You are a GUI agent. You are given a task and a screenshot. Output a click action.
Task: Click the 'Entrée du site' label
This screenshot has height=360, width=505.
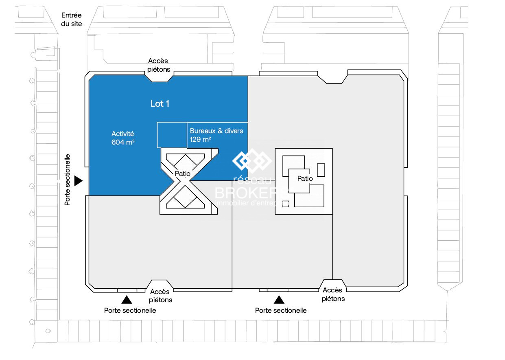72,20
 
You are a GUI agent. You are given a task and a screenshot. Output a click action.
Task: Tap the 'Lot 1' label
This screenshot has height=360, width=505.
160,104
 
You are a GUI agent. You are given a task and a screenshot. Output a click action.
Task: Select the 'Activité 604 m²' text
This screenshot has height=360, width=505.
123,138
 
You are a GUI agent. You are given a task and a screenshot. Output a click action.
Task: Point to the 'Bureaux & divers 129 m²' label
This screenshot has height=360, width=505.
216,135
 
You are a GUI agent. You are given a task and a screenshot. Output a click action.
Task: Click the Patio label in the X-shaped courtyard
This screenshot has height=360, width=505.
183,174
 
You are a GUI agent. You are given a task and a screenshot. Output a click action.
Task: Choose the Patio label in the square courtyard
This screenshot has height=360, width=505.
305,179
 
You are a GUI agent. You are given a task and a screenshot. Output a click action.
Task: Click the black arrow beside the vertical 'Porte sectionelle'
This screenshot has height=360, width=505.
79,180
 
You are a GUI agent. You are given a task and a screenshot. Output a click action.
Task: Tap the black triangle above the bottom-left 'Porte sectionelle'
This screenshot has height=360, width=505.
127,300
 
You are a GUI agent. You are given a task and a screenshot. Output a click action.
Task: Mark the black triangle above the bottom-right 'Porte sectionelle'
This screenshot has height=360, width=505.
279,300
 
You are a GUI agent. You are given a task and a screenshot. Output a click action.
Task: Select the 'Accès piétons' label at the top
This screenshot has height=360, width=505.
158,65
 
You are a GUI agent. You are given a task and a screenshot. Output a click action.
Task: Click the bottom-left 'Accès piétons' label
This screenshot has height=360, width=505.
161,296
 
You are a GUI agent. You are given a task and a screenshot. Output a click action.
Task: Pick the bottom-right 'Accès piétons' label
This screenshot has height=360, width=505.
333,294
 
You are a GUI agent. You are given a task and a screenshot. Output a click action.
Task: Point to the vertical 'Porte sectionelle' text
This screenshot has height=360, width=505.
68,179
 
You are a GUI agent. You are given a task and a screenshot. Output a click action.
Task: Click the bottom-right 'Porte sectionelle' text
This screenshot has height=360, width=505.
281,311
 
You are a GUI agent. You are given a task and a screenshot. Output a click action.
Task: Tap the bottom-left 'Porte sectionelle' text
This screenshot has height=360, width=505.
130,311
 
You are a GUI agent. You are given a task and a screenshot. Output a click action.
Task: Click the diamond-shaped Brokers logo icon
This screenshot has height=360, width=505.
251,160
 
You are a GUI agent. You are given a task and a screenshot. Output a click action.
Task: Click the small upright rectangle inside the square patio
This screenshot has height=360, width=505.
321,170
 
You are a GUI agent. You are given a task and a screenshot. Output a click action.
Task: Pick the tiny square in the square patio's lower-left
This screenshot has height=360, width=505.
286,204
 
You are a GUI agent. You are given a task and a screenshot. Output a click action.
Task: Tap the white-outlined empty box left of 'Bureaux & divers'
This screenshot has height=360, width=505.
172,135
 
